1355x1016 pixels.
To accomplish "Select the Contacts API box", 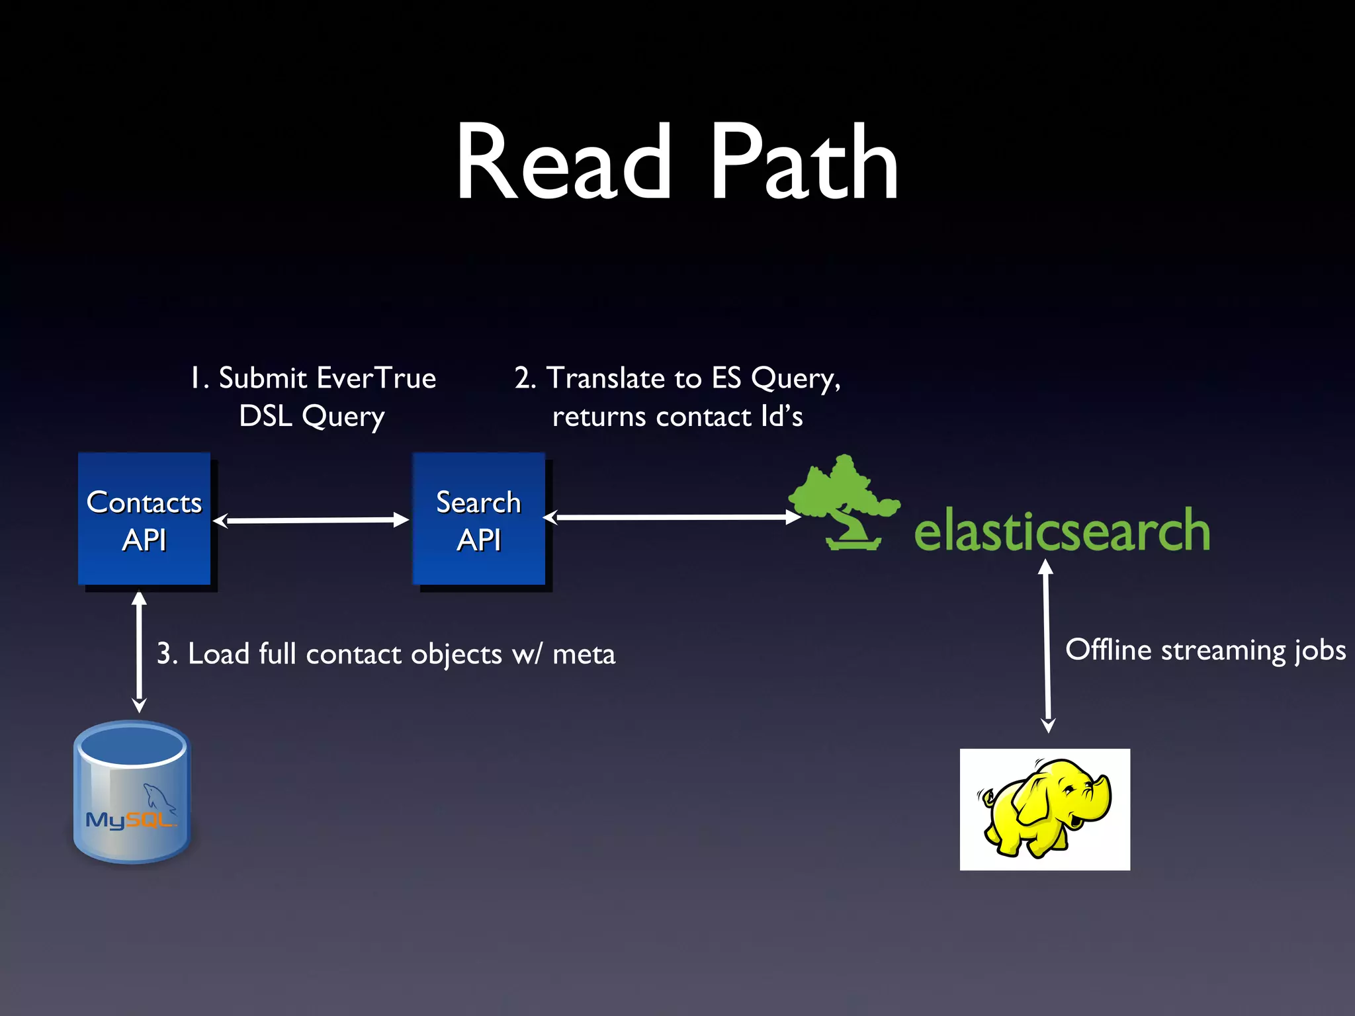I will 144,519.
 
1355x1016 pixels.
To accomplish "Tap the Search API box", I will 479,519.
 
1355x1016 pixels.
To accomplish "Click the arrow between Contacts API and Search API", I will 311,521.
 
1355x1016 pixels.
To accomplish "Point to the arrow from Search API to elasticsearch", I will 672,517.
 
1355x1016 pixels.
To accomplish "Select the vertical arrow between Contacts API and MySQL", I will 139,652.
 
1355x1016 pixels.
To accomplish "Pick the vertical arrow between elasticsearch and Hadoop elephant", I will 1047,645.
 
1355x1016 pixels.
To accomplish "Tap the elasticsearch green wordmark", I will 1062,530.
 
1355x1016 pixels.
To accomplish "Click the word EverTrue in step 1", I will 376,378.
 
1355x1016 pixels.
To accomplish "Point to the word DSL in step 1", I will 265,417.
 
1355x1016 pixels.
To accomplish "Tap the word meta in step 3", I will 584,655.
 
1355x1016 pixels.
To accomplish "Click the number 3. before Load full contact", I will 166,654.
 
